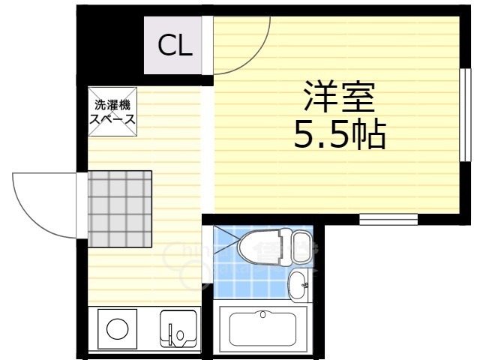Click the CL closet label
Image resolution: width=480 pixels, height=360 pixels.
175,46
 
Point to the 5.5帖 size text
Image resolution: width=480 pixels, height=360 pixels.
338,136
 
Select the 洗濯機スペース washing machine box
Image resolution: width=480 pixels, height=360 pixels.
113,113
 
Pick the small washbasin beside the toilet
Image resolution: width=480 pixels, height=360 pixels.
298,283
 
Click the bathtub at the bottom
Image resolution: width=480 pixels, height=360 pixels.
263,329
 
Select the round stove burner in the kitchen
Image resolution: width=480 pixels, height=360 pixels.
116,329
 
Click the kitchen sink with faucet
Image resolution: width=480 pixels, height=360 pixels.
178,329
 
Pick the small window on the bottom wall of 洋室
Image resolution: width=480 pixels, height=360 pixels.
388,219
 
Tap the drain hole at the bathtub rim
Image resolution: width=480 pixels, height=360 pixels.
263,315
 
